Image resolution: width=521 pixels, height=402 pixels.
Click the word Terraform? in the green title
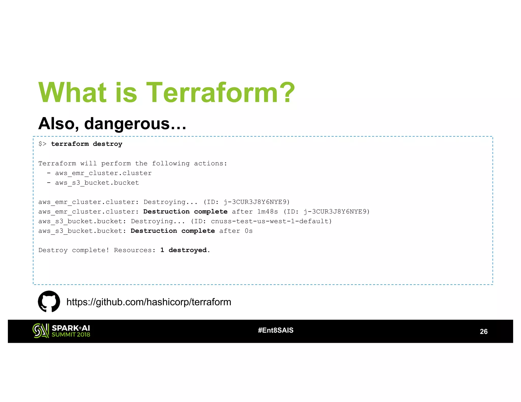[220, 92]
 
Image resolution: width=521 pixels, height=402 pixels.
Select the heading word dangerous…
[135, 124]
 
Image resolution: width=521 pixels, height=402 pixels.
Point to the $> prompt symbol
[42, 144]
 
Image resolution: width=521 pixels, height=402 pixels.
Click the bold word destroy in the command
[107, 144]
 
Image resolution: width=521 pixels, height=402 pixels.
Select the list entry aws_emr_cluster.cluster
[103, 173]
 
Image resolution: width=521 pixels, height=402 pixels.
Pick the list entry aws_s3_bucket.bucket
[97, 183]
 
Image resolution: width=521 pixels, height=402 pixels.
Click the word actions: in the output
[210, 163]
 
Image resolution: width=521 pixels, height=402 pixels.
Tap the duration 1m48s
[267, 211]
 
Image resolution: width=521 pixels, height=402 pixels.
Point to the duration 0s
[249, 231]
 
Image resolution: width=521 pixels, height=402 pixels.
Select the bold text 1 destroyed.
[185, 250]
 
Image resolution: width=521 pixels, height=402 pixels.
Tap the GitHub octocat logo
[49, 301]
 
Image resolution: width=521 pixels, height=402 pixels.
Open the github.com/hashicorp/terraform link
[149, 302]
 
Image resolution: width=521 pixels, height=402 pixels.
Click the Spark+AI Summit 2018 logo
[61, 331]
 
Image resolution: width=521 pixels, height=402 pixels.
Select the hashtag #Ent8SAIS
[276, 330]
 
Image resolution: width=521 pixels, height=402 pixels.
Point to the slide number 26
[483, 331]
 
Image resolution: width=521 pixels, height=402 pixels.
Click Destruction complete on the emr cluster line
[185, 211]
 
